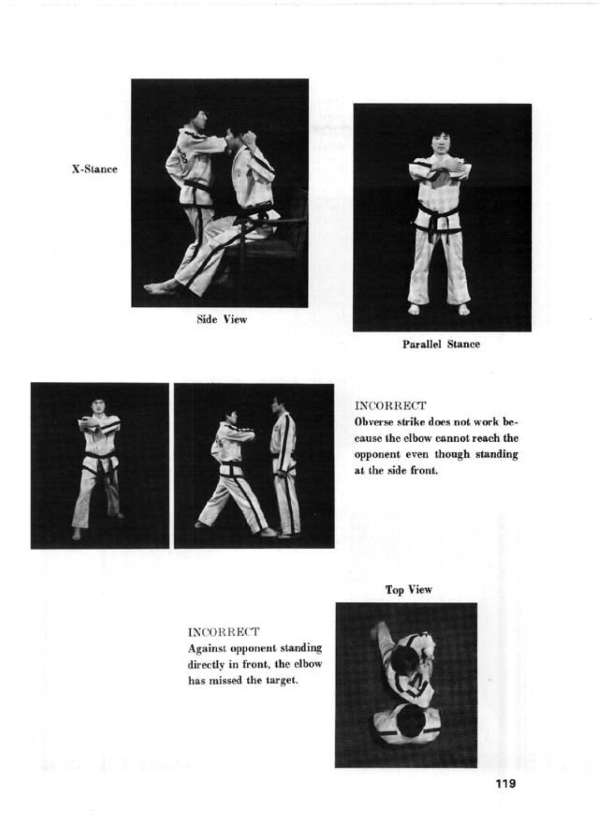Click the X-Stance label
pyautogui.click(x=94, y=169)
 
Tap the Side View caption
pyautogui.click(x=222, y=320)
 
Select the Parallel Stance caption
pyautogui.click(x=441, y=344)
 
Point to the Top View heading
pyautogui.click(x=408, y=590)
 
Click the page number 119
pyautogui.click(x=506, y=783)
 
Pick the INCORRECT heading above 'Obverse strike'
pyautogui.click(x=390, y=405)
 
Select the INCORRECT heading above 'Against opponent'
pyautogui.click(x=223, y=632)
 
